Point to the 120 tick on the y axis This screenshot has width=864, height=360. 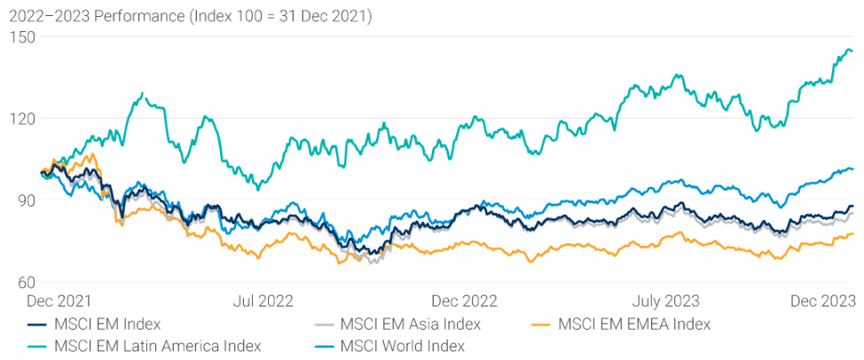coord(17,118)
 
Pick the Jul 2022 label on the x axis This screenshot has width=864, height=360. coord(264,301)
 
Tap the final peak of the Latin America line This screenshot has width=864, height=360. coord(849,50)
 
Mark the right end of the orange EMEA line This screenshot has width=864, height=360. coord(854,233)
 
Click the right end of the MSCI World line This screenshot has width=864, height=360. coord(854,168)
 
